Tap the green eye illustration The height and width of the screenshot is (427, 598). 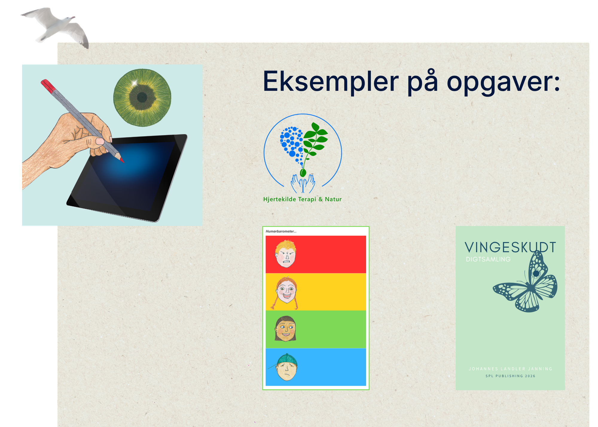click(142, 97)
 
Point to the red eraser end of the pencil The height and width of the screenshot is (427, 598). click(48, 86)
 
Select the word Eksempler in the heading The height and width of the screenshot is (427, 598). click(331, 82)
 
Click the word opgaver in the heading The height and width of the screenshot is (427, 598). click(503, 83)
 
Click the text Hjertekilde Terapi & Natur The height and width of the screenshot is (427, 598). click(302, 199)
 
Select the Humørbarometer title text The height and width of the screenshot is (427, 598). click(281, 231)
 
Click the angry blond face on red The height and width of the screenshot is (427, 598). click(286, 254)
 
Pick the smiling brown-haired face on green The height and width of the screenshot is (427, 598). click(286, 329)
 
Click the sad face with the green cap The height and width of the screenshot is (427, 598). click(286, 367)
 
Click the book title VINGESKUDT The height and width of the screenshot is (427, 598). click(510, 248)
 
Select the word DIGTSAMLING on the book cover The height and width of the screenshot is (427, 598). click(488, 260)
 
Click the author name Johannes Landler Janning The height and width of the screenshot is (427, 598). click(510, 369)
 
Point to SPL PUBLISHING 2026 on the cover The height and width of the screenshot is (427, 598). click(510, 376)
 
